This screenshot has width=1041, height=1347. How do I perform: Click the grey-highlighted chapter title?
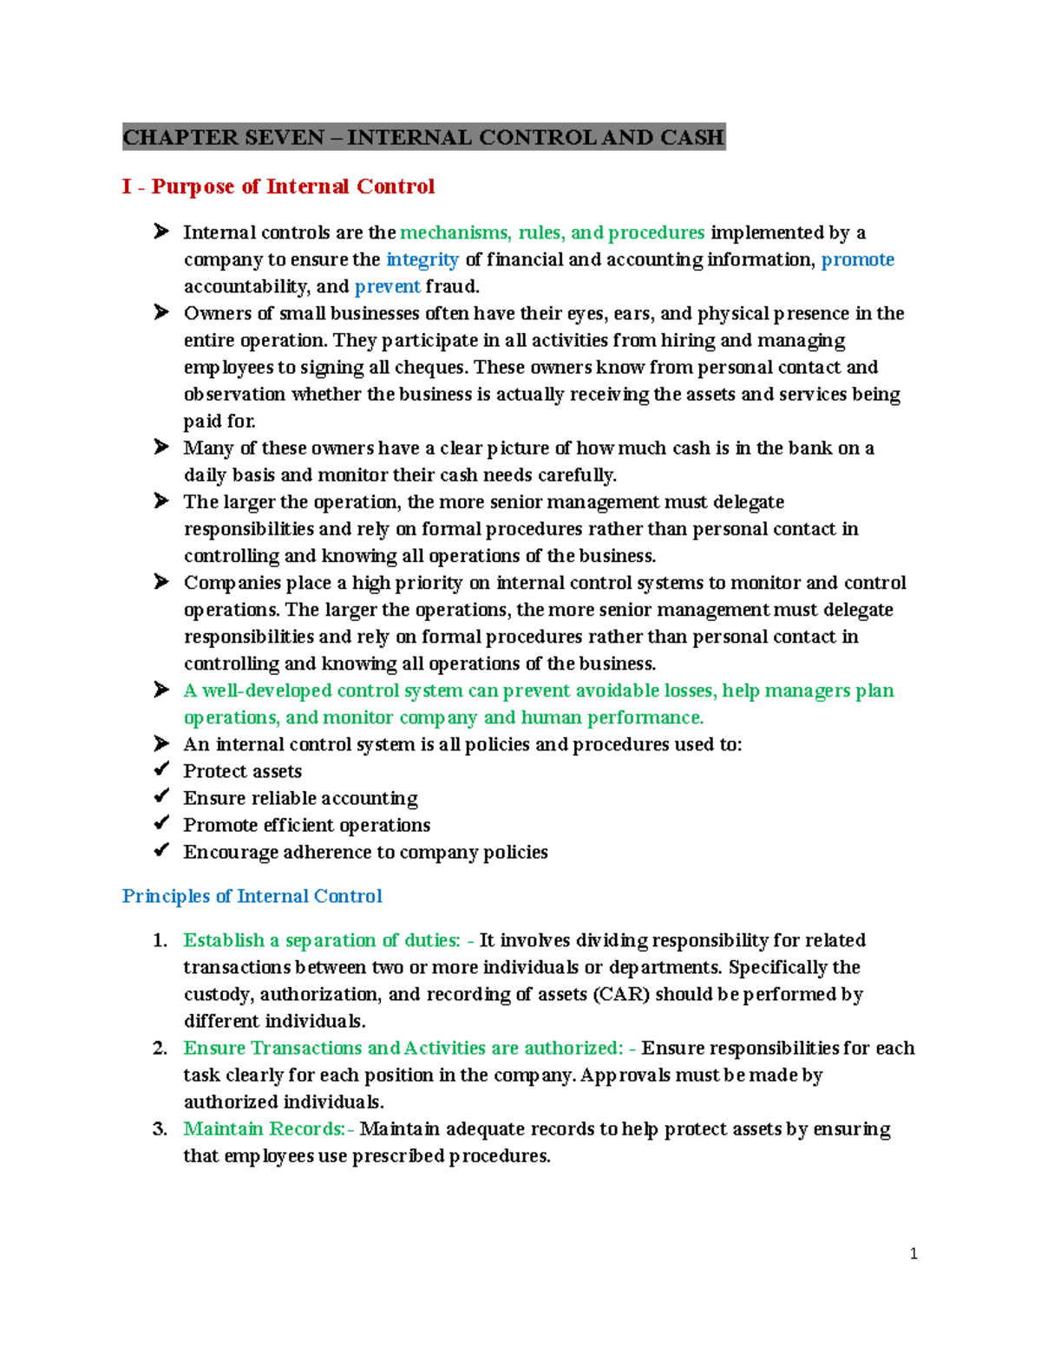(x=423, y=137)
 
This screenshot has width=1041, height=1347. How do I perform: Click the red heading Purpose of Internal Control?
(x=278, y=186)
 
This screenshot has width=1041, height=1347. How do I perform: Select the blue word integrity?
(x=422, y=259)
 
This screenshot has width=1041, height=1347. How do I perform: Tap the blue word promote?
(x=857, y=259)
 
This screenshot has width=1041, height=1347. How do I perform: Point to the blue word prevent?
(x=387, y=286)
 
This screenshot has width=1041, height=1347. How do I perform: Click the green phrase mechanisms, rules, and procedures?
(x=552, y=232)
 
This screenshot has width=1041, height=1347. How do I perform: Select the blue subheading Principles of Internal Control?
(x=252, y=896)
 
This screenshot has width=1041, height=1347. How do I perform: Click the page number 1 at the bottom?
(x=913, y=1253)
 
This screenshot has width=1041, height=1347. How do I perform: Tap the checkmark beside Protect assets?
(x=161, y=770)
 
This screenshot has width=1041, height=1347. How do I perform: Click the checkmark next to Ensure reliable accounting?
(x=161, y=797)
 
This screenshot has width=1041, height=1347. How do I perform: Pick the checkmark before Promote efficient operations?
(x=161, y=824)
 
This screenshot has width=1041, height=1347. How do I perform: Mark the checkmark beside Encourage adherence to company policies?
(x=161, y=851)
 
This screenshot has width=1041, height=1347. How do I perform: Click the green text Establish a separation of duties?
(x=322, y=940)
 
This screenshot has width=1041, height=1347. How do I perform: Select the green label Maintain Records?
(x=265, y=1128)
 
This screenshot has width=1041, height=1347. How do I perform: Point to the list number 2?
(x=160, y=1048)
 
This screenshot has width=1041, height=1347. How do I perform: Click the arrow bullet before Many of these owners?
(x=161, y=448)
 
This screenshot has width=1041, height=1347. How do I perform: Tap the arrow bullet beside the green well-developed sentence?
(x=161, y=690)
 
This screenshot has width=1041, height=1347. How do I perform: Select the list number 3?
(x=160, y=1128)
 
